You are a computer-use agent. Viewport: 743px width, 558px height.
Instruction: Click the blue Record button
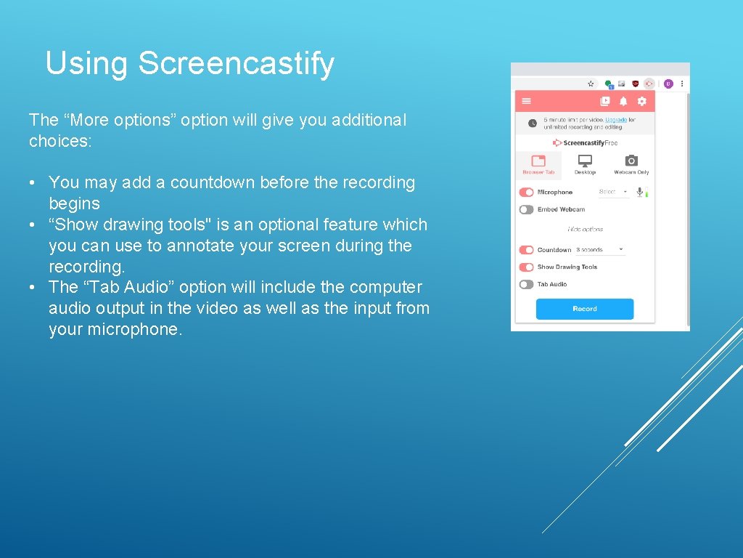[x=584, y=309]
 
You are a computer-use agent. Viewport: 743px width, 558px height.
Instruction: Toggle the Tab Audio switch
[x=526, y=284]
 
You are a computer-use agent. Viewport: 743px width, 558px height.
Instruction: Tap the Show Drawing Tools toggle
[x=526, y=267]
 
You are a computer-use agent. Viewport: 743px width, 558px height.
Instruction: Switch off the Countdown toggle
[x=526, y=250]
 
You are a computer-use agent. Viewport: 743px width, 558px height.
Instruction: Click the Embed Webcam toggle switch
[x=526, y=209]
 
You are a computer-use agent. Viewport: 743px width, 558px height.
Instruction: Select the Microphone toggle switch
[x=526, y=193]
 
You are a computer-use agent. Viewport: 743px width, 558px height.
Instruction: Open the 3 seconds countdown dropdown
[x=600, y=250]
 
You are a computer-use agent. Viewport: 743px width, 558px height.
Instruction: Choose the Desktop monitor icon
[x=585, y=161]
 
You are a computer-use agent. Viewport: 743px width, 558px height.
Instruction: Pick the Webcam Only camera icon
[x=631, y=161]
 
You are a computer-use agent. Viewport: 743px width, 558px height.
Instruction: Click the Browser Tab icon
[x=538, y=161]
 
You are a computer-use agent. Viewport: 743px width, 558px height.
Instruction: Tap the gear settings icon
[x=641, y=102]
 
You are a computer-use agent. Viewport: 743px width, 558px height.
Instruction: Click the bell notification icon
[x=623, y=102]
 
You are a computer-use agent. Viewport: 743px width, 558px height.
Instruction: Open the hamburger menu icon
[x=527, y=102]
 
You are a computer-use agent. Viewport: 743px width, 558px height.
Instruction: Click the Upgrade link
[x=616, y=120]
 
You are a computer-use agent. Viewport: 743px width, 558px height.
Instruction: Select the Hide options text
[x=585, y=230]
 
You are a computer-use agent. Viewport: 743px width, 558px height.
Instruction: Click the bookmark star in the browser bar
[x=591, y=84]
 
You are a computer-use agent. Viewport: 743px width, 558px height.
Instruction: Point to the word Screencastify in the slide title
[x=237, y=63]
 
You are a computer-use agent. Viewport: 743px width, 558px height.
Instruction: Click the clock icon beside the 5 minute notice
[x=532, y=124]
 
